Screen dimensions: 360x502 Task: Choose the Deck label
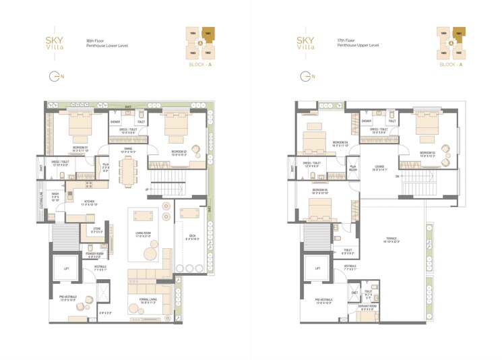pyautogui.click(x=192, y=237)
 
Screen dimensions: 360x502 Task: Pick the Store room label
pyautogui.click(x=97, y=231)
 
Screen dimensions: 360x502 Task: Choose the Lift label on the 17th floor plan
pyautogui.click(x=317, y=268)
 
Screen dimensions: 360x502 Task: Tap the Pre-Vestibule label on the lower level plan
pyautogui.click(x=67, y=298)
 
